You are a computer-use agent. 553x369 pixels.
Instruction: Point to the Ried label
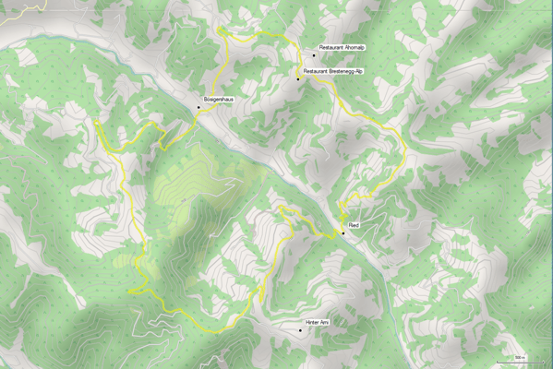click(353, 225)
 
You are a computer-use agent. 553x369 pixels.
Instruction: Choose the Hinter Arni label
click(317, 322)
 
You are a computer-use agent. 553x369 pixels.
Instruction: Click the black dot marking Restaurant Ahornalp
click(313, 56)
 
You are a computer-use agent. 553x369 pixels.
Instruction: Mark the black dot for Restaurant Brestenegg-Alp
click(298, 79)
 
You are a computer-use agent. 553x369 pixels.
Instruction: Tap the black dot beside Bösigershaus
click(198, 107)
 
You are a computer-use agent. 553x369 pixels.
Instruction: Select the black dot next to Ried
click(343, 233)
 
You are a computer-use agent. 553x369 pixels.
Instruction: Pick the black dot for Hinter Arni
click(300, 330)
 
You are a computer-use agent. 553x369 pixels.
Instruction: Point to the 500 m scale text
click(520, 357)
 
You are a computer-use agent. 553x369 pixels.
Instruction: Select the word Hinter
click(312, 322)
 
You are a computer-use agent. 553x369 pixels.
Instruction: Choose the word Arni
click(324, 322)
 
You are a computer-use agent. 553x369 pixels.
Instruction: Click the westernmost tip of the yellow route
click(95, 121)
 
